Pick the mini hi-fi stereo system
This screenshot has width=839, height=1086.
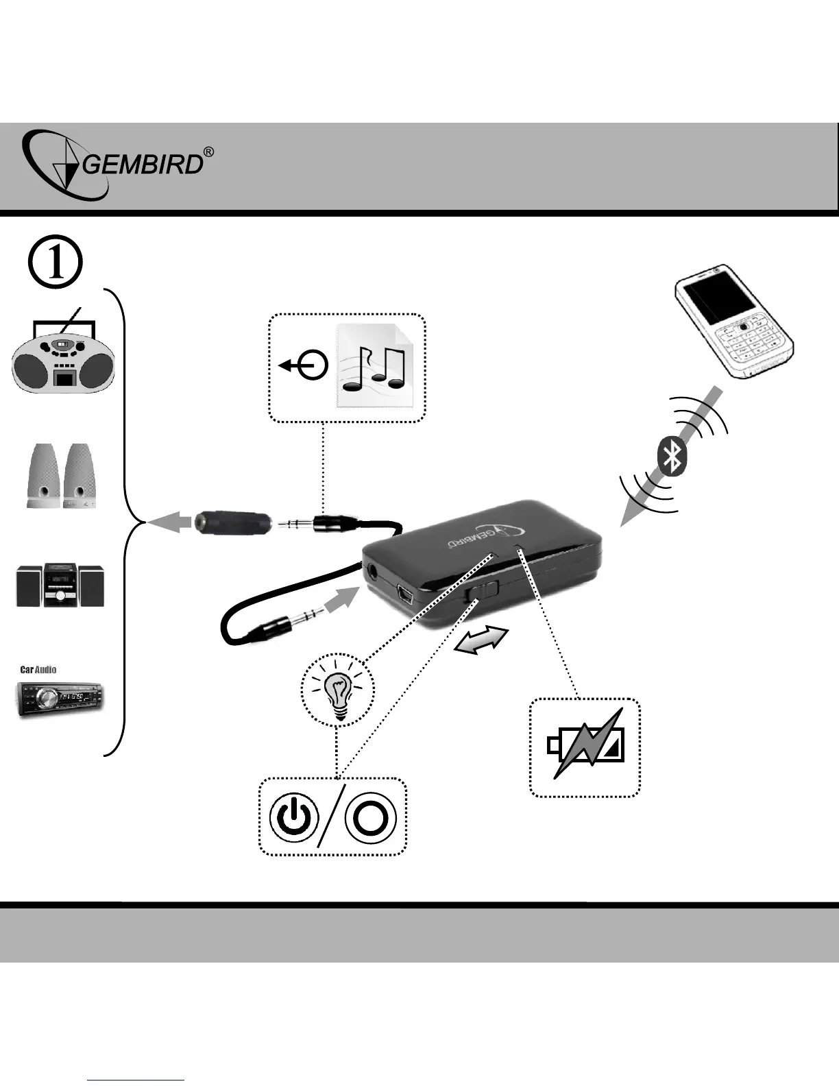(60, 585)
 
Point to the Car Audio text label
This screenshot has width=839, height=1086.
(38, 670)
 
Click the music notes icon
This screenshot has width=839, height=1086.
(374, 366)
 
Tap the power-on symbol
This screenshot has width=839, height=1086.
(294, 818)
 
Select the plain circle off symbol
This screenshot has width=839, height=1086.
(371, 818)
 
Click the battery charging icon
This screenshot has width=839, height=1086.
(586, 747)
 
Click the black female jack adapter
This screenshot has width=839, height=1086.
(232, 524)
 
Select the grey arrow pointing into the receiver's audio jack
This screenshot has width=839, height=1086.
(341, 604)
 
